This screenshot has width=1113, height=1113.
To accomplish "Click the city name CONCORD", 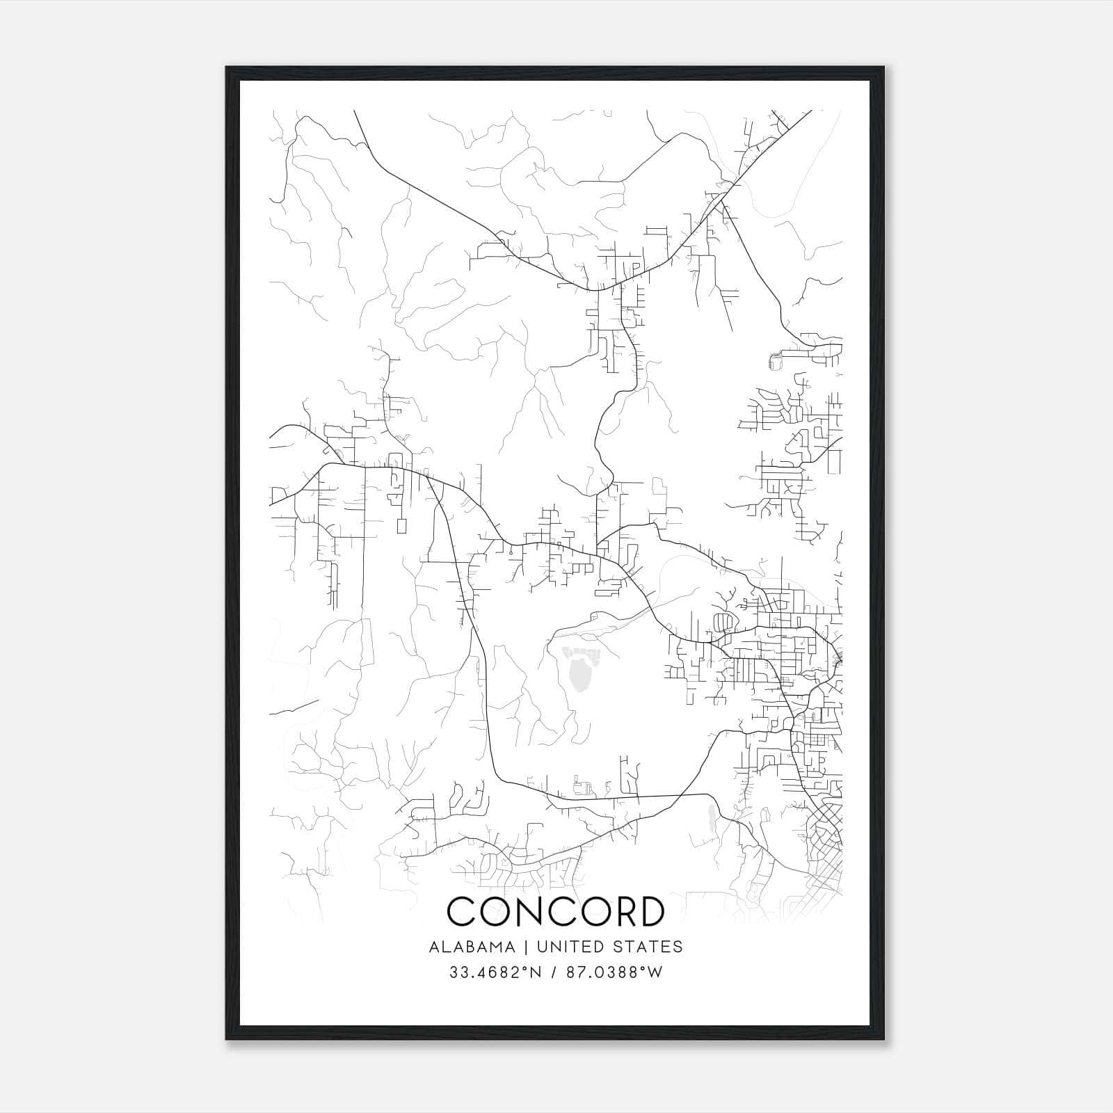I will pos(555,911).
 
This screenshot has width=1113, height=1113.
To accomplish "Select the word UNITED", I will pos(570,947).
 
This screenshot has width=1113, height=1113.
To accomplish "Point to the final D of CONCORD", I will pos(650,911).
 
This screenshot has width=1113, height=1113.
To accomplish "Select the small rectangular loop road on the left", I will pos(401,525).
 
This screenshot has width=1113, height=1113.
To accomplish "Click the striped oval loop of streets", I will pos(724,620).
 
